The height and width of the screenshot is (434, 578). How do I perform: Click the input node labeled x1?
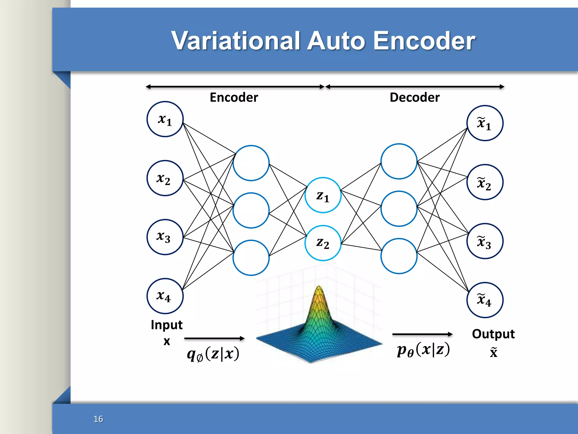tap(165, 119)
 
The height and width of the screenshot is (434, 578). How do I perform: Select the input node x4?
tap(165, 296)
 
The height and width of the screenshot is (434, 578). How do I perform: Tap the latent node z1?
tap(323, 195)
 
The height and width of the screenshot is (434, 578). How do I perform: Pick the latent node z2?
tap(323, 243)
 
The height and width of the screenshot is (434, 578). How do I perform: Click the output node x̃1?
tap(485, 123)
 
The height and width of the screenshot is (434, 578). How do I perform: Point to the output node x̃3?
tap(485, 241)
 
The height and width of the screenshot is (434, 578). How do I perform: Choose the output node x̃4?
tap(485, 300)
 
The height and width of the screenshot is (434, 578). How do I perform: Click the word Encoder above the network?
tap(234, 97)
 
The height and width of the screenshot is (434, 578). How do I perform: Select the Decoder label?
tap(414, 97)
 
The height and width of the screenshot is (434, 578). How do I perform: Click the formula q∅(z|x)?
tap(213, 354)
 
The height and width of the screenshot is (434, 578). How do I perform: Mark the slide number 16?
tap(98, 419)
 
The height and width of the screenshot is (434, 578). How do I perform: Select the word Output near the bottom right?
tap(493, 334)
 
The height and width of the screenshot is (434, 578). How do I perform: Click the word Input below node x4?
tap(167, 325)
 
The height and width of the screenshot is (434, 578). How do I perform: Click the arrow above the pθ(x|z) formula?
tap(422, 334)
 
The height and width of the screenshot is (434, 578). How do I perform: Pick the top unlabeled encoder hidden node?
tap(251, 163)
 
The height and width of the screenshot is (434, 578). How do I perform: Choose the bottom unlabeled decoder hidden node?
tap(399, 256)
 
